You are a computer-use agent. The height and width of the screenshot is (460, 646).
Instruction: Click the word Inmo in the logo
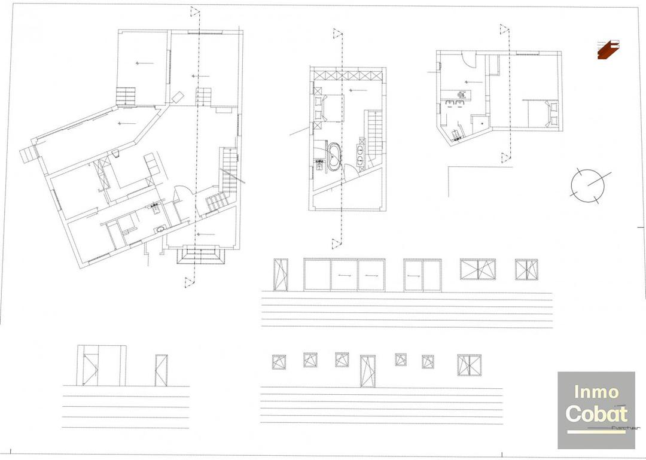tap(596, 392)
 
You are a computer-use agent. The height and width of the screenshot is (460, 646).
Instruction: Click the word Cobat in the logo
tap(596, 413)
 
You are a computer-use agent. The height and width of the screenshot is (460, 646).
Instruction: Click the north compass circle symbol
tap(586, 185)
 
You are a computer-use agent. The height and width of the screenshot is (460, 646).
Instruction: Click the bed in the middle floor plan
tap(327, 108)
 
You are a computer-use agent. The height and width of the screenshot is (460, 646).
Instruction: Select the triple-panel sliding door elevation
tap(344, 275)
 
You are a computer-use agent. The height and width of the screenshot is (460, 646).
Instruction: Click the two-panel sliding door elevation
tap(422, 275)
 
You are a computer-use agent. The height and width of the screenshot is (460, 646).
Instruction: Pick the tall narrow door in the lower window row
tap(367, 371)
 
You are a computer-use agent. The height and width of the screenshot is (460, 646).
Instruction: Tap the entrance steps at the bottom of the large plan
tap(202, 256)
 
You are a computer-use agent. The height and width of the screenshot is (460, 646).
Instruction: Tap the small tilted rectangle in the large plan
tap(178, 97)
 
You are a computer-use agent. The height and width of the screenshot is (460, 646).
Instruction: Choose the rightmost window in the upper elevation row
tap(526, 269)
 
